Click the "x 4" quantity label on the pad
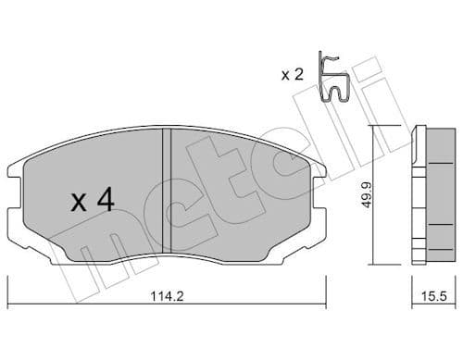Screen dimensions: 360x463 coord(92,200)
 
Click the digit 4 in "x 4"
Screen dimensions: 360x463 coord(106,200)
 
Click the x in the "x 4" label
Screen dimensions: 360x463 coord(79,203)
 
